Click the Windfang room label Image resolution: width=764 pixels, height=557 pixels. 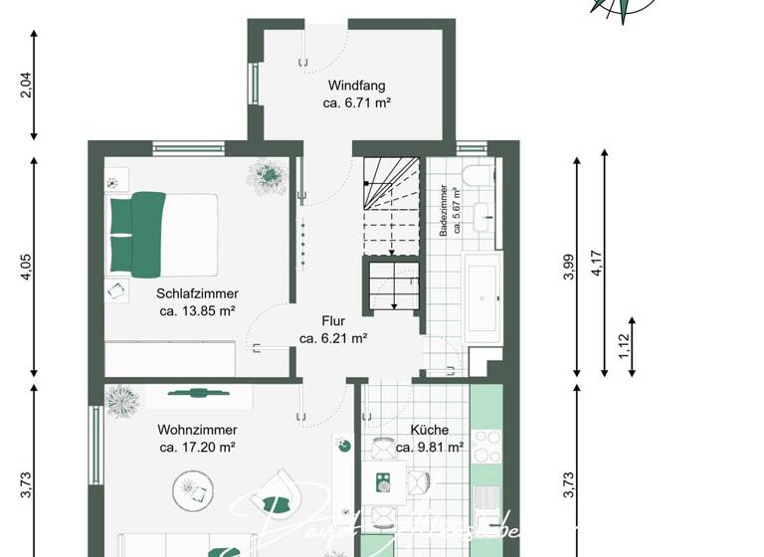click(x=349, y=86)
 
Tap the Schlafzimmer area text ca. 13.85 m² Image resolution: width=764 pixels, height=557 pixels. click(x=197, y=311)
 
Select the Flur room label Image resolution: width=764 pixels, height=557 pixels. click(x=333, y=321)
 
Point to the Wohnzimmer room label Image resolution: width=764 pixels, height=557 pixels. click(x=197, y=430)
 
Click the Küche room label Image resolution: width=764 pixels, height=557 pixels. click(x=430, y=430)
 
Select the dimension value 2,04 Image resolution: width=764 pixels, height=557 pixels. click(x=27, y=87)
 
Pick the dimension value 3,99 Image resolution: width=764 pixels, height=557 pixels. click(x=568, y=268)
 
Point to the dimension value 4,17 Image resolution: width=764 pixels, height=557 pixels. click(x=596, y=265)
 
